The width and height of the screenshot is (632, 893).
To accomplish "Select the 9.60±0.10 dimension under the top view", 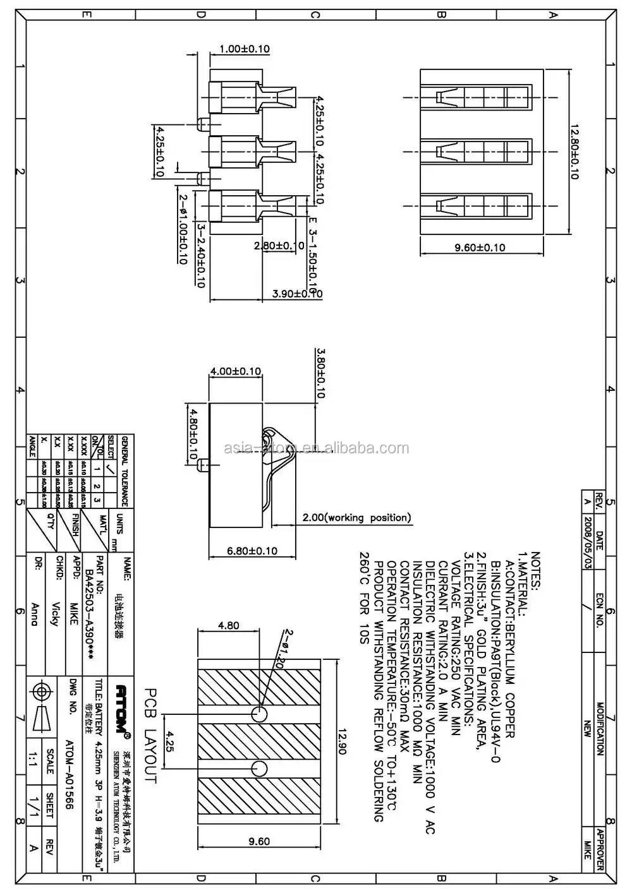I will point(480,248).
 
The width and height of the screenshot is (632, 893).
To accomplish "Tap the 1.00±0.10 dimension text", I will point(245,49).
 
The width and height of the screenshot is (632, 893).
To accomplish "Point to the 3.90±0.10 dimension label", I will point(297,294).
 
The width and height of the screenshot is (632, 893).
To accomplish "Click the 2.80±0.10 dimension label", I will point(279,246).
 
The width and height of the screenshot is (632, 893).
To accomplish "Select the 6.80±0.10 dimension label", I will point(252,551).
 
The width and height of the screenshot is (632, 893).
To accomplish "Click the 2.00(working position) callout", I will point(356,518).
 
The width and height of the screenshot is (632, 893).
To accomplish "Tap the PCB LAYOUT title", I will point(150,735).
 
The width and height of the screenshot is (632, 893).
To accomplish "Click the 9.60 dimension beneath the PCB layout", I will point(258,841).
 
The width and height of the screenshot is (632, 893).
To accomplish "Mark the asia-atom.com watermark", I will point(317,448).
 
